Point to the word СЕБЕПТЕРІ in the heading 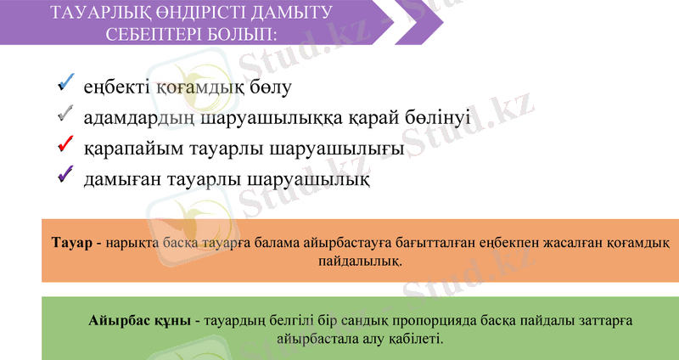(154, 36)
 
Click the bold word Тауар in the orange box (70, 244)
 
